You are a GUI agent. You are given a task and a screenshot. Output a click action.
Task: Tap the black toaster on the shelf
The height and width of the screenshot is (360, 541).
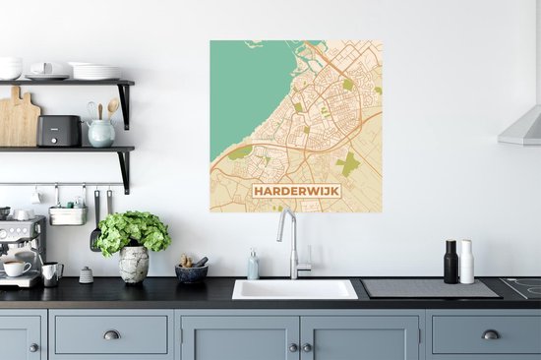tap(60, 131)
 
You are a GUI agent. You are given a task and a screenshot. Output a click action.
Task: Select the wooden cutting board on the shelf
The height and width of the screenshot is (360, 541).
tap(19, 120)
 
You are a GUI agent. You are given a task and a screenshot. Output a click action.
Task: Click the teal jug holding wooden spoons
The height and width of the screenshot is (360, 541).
tap(101, 132)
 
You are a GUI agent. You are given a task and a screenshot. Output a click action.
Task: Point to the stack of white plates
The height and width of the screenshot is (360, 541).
tap(95, 72)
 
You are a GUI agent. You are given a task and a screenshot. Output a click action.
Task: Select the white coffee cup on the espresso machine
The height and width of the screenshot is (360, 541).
tap(16, 268)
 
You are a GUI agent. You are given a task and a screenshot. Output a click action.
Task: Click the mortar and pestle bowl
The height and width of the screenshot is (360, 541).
tap(192, 271)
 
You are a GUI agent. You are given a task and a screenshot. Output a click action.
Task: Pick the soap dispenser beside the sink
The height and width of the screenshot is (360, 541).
tap(253, 265)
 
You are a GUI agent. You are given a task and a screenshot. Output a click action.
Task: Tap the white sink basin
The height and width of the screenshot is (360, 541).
tap(294, 288)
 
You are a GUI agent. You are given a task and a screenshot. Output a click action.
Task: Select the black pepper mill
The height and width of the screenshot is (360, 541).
tap(451, 262)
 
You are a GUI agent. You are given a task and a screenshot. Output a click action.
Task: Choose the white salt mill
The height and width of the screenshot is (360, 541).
tap(466, 262)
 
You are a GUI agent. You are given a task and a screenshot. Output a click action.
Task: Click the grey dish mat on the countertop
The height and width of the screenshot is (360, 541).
tap(429, 288)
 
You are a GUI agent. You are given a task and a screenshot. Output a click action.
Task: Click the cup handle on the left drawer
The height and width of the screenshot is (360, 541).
tap(111, 334)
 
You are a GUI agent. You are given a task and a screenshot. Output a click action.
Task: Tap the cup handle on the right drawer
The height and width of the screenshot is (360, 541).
tap(490, 334)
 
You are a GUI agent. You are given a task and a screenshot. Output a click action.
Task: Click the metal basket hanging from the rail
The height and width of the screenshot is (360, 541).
tap(68, 214)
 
